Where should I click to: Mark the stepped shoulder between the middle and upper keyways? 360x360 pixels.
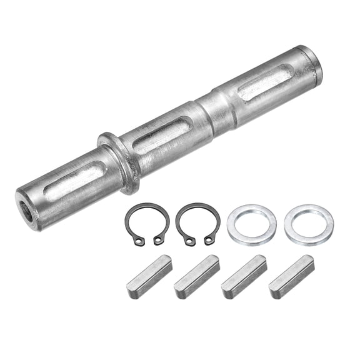click(x=217, y=107)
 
